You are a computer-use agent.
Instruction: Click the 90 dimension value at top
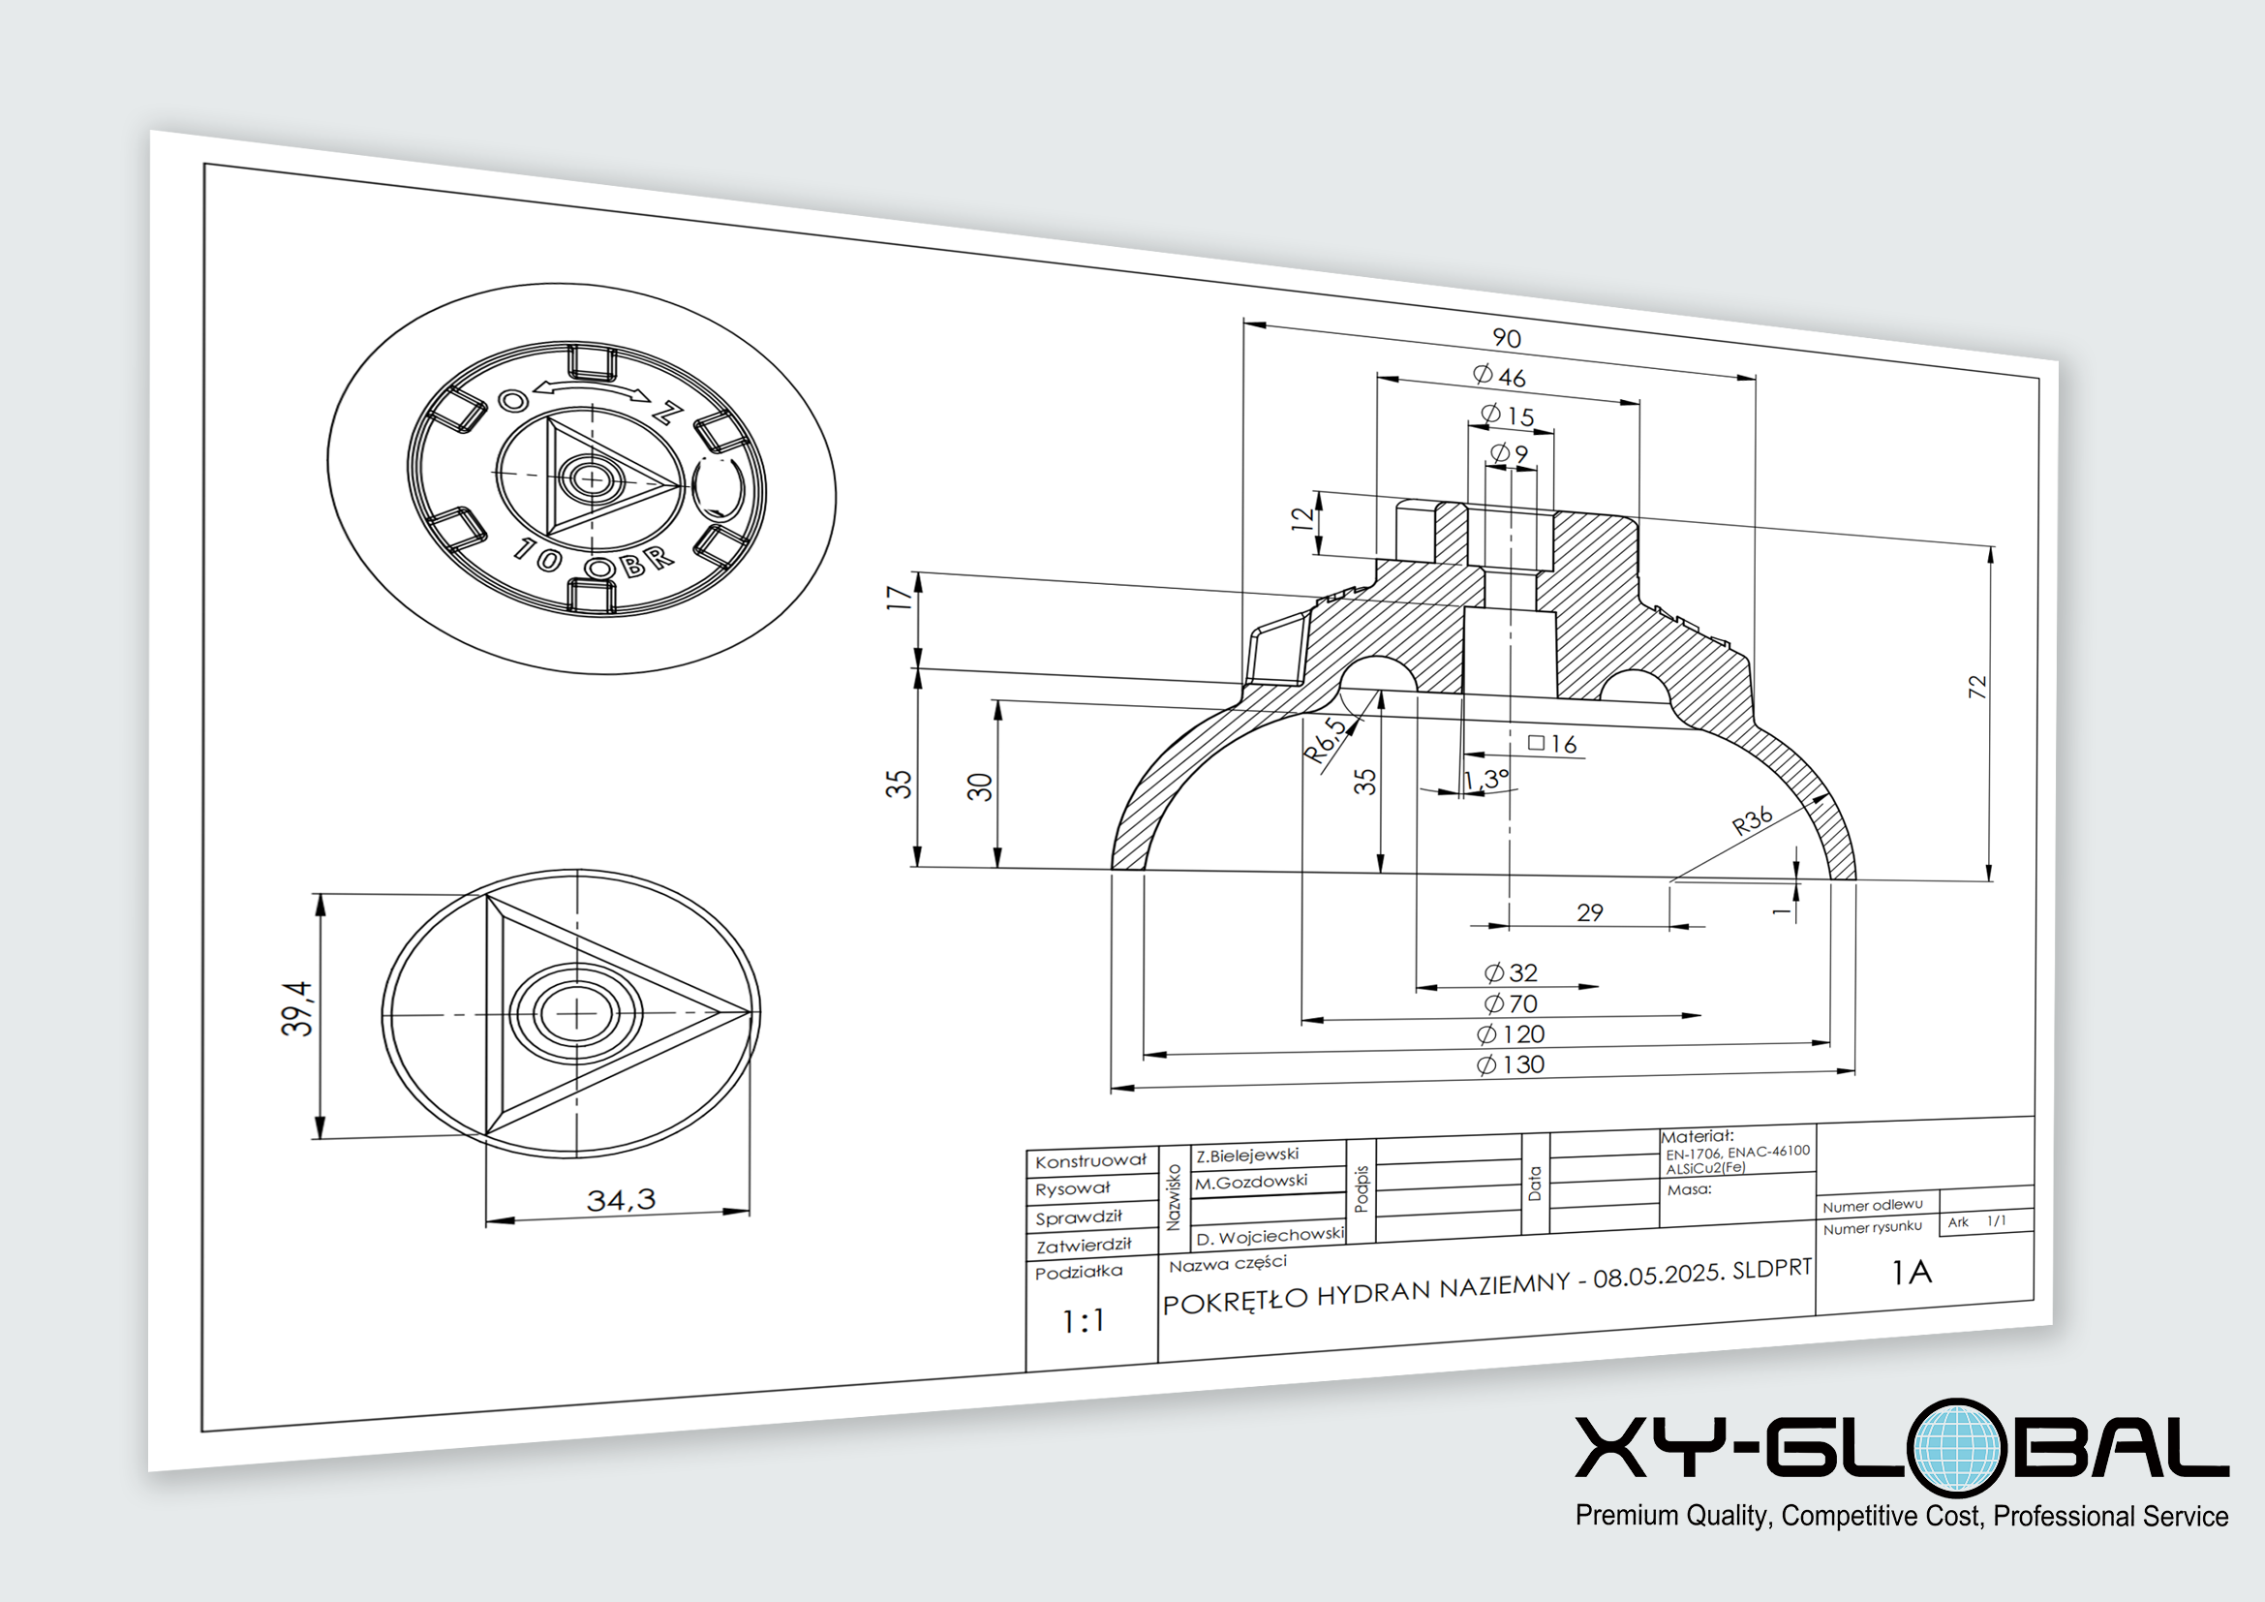1507,338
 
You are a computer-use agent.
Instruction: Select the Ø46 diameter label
1499,376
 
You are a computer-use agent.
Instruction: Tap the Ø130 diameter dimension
1511,1064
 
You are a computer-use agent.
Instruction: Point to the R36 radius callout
1753,820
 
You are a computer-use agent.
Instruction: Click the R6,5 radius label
1325,740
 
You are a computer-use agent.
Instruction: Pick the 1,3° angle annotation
1485,780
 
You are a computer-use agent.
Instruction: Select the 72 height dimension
1977,687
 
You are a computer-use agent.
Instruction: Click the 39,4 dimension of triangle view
297,1007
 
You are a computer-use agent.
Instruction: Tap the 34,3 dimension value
621,1199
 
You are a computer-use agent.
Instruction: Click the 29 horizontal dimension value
1589,912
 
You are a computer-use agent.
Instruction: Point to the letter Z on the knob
668,412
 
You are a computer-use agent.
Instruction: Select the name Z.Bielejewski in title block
1247,1155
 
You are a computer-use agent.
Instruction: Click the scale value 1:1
1084,1321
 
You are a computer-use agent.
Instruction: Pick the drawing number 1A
1911,1273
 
